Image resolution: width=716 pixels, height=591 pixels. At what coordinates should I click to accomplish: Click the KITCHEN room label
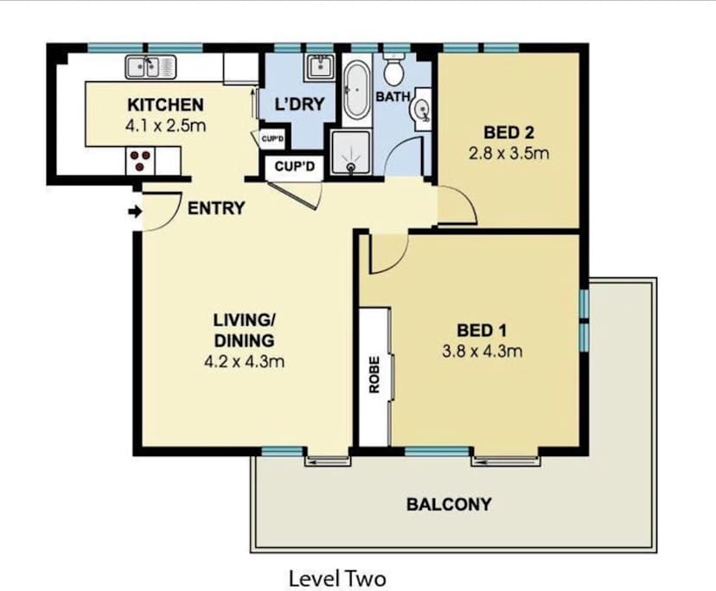pos(165,105)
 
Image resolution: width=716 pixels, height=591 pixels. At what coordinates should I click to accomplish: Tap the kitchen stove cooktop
pos(141,160)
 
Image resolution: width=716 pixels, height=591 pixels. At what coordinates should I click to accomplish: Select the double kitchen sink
pos(150,67)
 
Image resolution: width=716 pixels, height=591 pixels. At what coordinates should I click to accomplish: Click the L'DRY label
pos(298,105)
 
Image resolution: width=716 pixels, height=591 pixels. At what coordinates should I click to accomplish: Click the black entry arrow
pos(133,211)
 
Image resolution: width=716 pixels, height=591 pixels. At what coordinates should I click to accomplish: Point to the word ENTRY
pos(216,208)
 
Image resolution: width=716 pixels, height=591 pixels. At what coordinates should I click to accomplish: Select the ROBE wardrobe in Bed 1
pos(374,378)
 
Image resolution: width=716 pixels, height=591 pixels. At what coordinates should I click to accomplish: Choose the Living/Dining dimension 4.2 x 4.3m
pos(243,361)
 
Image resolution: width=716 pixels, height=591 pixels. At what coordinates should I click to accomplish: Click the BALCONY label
pos(448,504)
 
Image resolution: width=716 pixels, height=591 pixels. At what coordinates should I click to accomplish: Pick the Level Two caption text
pos(336,577)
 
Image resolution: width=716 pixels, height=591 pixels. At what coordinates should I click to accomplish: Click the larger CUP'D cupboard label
pos(294,167)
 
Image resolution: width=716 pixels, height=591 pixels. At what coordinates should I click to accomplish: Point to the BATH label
pos(392,97)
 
